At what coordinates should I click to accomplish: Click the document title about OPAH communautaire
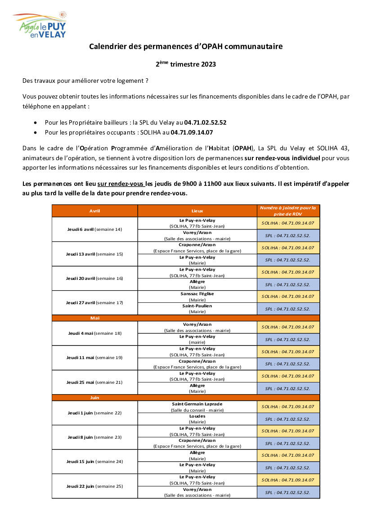coord(186,46)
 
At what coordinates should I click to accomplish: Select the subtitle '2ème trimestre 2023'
coord(186,64)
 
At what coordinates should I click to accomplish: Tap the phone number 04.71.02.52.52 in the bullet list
coord(205,122)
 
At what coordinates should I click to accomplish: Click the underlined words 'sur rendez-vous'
coord(121,184)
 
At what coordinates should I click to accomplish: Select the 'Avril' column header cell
coord(94,211)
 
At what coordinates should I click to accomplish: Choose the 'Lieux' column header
coord(197,211)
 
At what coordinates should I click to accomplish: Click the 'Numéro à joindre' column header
coord(288,211)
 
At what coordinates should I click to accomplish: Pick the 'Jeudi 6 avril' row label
coord(94,229)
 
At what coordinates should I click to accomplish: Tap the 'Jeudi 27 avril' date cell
coord(94,303)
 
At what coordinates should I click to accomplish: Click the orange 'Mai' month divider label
coord(95,318)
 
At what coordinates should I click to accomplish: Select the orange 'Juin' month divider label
coord(94,398)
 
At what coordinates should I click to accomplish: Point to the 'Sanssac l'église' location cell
coord(197,297)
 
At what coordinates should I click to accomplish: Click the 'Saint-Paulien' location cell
coord(197,309)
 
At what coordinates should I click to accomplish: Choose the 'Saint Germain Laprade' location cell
coord(197,407)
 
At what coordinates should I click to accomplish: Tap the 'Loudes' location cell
coord(197,419)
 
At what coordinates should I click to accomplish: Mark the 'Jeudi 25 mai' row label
coord(94,382)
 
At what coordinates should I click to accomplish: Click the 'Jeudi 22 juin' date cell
coord(94,486)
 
